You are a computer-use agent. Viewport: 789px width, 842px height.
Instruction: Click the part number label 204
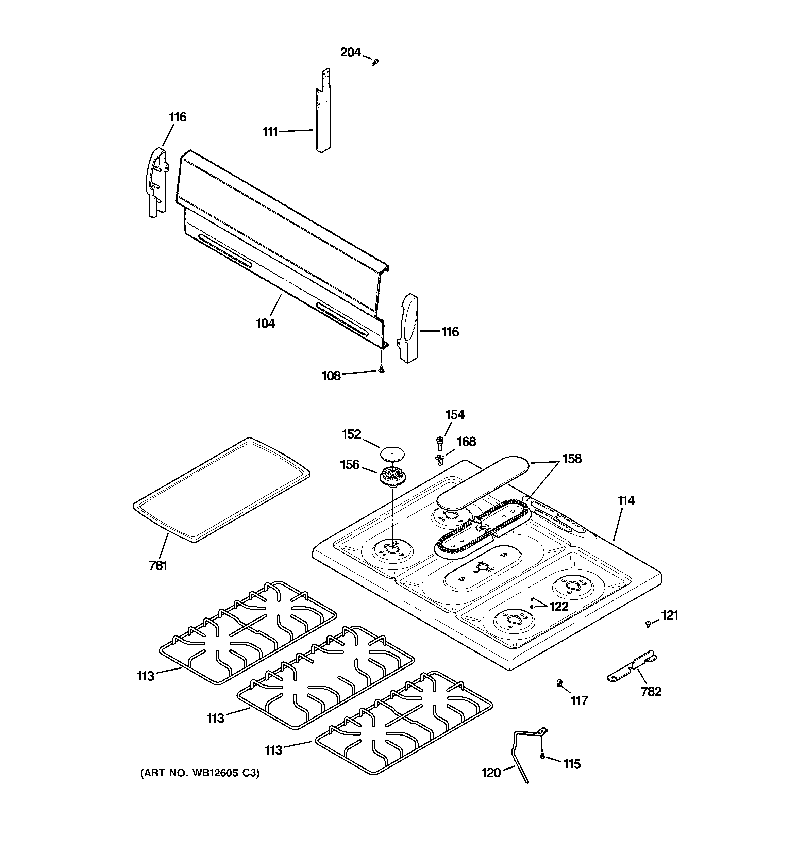point(350,52)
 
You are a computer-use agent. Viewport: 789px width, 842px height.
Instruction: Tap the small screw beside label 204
point(375,62)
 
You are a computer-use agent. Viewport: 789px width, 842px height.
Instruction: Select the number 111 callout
point(270,132)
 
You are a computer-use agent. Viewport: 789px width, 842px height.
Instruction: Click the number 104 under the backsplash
point(266,324)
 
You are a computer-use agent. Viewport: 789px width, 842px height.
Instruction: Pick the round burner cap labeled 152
point(392,453)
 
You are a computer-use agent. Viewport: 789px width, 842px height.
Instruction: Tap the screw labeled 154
point(440,442)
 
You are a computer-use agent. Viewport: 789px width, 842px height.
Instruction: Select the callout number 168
point(466,442)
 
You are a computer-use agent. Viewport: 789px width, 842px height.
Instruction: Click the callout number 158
point(572,459)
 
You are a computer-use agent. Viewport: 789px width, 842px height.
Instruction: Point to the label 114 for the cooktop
point(625,501)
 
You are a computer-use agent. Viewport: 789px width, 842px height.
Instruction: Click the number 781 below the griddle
point(158,565)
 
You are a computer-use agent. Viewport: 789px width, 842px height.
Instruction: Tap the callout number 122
point(559,607)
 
